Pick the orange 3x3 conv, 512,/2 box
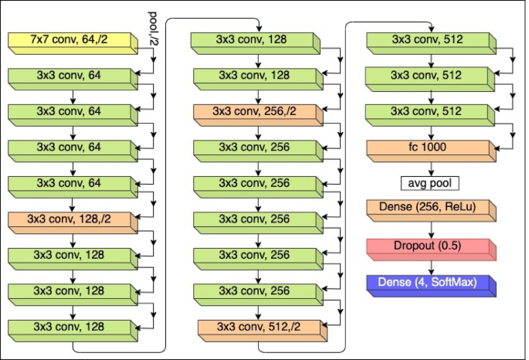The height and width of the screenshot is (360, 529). pyautogui.click(x=255, y=328)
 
